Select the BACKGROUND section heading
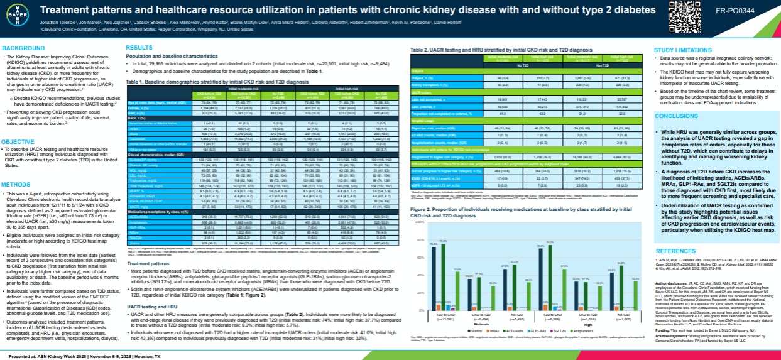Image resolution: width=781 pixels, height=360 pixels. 23,48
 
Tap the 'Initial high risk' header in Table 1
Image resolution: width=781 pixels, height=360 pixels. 363,89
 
